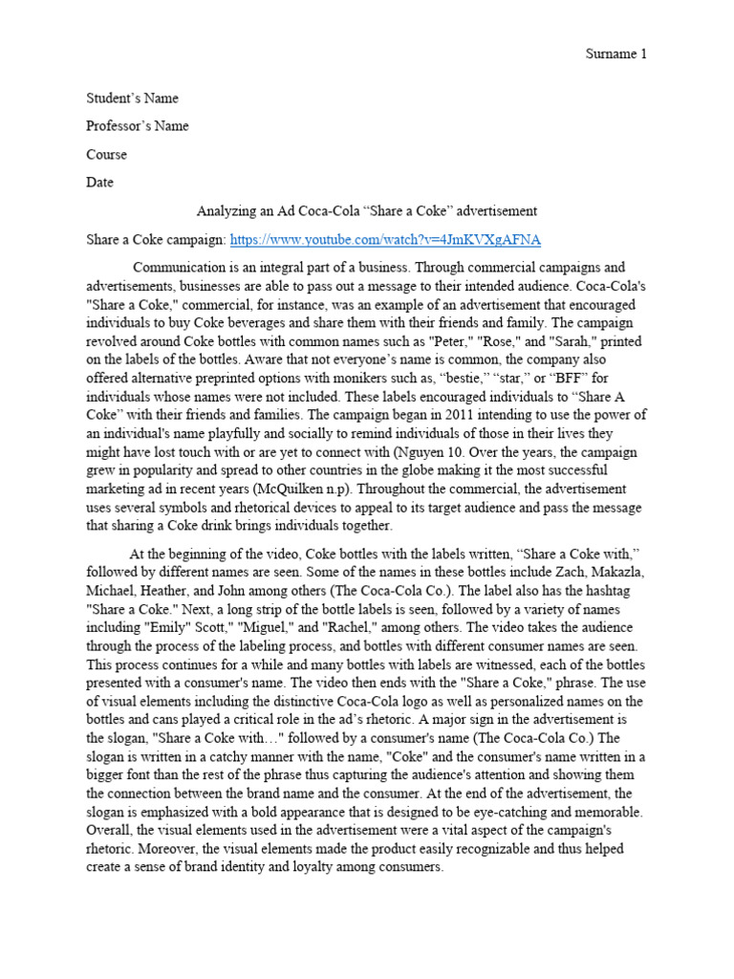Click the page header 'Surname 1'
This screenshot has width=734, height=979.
click(x=615, y=54)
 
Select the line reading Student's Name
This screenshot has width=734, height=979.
click(x=132, y=98)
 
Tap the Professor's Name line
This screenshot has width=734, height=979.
click(x=138, y=126)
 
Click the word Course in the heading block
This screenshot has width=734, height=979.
click(x=106, y=154)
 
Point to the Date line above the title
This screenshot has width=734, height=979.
click(x=99, y=182)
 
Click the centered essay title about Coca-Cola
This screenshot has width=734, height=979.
click(x=366, y=210)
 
